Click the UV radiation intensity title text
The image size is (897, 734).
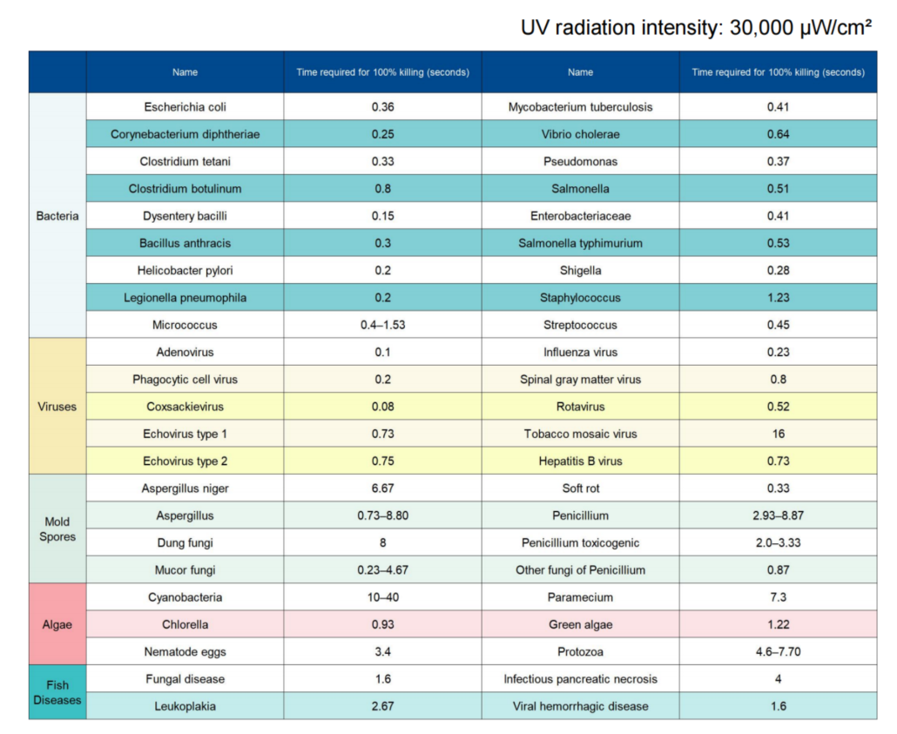point(696,28)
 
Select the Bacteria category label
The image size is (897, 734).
point(57,216)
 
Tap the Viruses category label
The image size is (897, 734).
point(57,407)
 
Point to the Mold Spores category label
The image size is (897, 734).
point(57,529)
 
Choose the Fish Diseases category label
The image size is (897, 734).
point(57,692)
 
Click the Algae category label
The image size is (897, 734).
point(57,625)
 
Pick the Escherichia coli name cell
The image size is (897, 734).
point(185,107)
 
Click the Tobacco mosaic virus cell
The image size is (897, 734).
point(581,434)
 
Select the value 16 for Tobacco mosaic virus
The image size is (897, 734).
point(778,434)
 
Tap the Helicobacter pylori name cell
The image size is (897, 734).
point(185,271)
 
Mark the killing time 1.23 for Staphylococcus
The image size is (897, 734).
point(778,298)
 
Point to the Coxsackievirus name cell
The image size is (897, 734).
point(185,407)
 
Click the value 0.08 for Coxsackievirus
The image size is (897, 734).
point(382,407)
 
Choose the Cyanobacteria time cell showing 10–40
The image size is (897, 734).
point(382,597)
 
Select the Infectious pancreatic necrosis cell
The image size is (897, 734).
point(581,679)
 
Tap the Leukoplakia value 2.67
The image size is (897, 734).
point(382,706)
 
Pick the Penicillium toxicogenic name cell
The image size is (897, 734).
point(581,543)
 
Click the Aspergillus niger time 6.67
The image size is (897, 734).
point(382,488)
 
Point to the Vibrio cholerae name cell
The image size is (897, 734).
point(581,134)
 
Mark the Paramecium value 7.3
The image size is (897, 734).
point(778,597)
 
